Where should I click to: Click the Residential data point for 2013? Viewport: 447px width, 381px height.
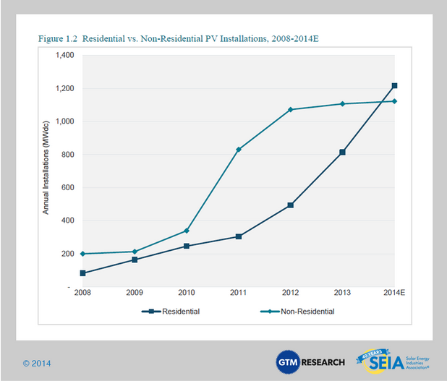pyautogui.click(x=342, y=153)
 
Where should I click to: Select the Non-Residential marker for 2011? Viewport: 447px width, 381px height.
pyautogui.click(x=239, y=150)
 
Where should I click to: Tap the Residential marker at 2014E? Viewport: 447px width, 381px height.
pyautogui.click(x=394, y=86)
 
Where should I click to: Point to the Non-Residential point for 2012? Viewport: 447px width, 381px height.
pyautogui.click(x=291, y=110)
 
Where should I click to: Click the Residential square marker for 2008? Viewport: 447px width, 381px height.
pyautogui.click(x=83, y=273)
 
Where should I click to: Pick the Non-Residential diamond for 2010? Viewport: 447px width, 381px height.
pyautogui.click(x=187, y=231)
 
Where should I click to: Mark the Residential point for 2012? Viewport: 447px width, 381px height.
pyautogui.click(x=291, y=205)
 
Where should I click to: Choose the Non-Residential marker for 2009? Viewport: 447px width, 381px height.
pyautogui.click(x=135, y=252)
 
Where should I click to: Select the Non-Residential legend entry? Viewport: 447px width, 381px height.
pyautogui.click(x=293, y=312)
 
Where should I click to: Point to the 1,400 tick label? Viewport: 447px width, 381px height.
pyautogui.click(x=64, y=56)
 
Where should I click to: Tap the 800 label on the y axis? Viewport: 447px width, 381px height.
pyautogui.click(x=69, y=155)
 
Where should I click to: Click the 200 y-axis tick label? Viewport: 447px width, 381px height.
pyautogui.click(x=69, y=254)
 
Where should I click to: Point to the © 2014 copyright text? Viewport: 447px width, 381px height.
pyautogui.click(x=37, y=363)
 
